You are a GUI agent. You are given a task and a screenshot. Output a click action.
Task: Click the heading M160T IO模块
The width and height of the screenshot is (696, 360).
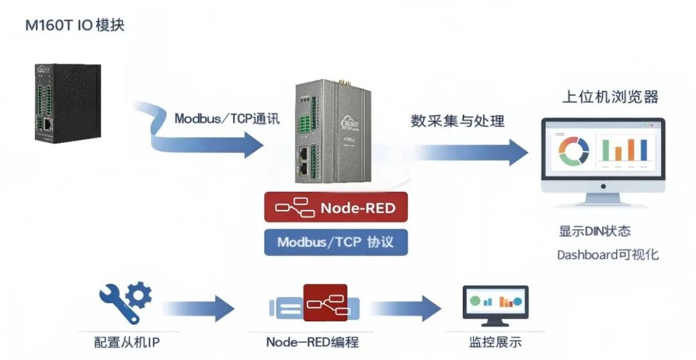74,26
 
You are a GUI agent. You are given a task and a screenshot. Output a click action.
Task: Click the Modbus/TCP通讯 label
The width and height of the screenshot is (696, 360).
227,119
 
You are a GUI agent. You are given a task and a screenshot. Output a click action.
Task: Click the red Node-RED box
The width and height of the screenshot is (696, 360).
336,207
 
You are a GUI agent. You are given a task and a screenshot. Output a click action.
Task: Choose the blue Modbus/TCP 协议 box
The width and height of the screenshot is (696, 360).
336,242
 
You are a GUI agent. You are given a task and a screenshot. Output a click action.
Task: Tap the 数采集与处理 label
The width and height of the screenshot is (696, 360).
458,120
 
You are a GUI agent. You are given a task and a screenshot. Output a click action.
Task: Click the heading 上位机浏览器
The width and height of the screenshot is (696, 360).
610,97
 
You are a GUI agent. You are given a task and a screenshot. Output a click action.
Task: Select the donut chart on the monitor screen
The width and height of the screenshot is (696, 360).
574,151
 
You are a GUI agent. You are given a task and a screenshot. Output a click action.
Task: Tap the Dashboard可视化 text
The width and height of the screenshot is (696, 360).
608,254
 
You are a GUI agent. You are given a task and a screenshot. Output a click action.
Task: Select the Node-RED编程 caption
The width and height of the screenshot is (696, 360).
312,342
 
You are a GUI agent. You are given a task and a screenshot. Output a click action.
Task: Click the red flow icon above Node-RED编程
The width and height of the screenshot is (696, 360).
325,303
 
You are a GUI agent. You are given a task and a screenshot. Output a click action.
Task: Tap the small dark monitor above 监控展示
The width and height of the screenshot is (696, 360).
495,304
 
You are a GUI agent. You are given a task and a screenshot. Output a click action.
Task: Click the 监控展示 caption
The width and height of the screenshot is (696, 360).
495,342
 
